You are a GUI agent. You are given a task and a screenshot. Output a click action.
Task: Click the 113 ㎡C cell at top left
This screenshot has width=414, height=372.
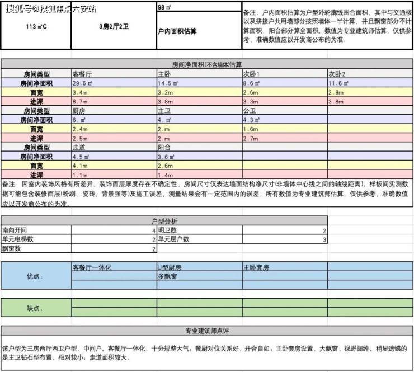36,27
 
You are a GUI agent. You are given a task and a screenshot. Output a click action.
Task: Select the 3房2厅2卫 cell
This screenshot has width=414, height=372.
114,27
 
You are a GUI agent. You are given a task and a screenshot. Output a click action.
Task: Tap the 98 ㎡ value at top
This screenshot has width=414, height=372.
165,8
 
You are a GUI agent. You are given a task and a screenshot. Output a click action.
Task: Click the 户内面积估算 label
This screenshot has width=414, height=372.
177,31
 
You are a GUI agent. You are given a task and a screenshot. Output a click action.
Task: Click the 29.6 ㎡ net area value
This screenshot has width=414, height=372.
83,83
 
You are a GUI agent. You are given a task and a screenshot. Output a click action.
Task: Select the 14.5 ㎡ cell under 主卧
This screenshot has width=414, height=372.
167,83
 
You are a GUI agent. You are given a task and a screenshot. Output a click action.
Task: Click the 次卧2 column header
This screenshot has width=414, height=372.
337,74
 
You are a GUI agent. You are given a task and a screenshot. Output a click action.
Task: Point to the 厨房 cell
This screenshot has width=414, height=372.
79,111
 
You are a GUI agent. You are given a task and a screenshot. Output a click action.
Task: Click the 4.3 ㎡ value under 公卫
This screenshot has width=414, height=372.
252,120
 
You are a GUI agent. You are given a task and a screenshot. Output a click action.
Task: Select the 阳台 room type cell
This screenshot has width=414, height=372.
164,148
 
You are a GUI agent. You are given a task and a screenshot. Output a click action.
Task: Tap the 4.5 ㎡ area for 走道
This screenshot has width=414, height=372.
82,157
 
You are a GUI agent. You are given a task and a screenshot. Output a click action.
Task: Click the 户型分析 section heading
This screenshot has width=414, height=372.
164,222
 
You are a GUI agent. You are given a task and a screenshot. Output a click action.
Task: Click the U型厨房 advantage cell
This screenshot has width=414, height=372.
170,267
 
